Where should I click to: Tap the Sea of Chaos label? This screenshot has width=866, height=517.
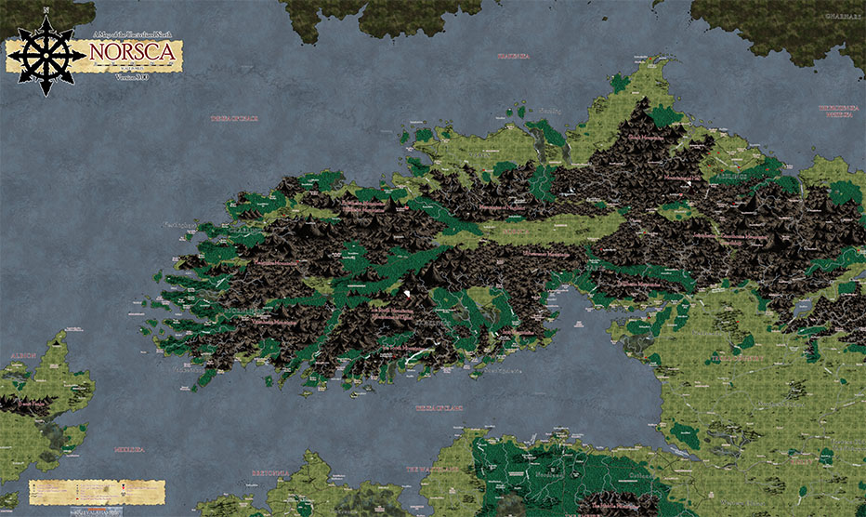[x=234, y=118]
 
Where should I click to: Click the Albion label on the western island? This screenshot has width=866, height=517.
[x=23, y=355]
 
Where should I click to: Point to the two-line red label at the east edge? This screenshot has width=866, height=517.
[x=837, y=110]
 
